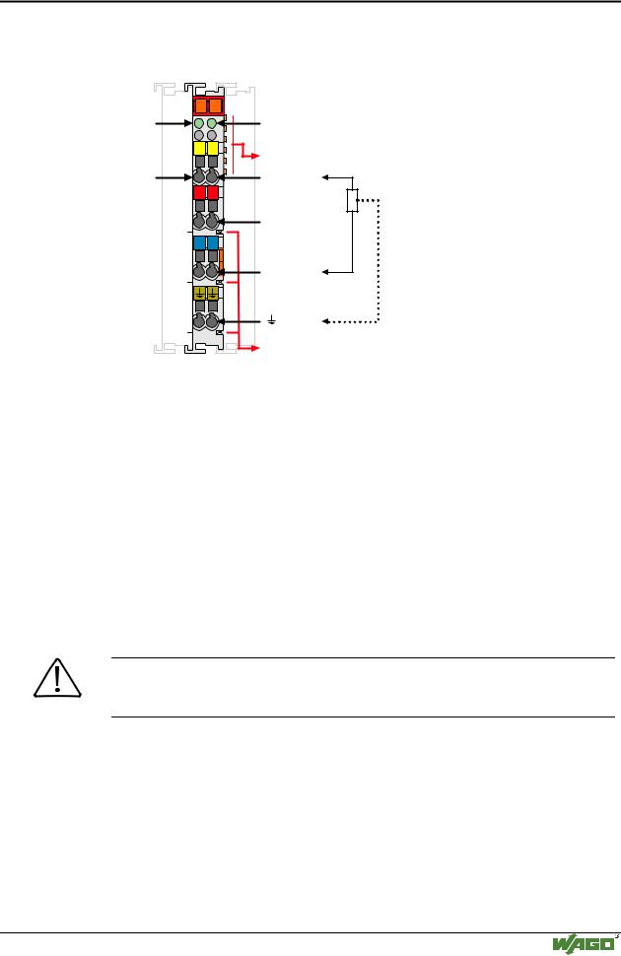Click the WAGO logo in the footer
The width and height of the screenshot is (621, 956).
(x=584, y=944)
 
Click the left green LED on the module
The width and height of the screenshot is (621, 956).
(x=199, y=123)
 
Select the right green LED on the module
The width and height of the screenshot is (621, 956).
(x=211, y=123)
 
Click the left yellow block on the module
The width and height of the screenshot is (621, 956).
(x=199, y=148)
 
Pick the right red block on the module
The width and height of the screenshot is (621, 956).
(x=212, y=192)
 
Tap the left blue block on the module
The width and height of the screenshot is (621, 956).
(x=199, y=242)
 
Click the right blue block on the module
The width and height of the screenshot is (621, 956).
(x=212, y=242)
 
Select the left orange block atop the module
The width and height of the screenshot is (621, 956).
(x=201, y=105)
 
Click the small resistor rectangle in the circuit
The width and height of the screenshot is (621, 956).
(x=352, y=201)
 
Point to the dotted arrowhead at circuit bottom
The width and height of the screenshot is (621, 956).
(x=326, y=321)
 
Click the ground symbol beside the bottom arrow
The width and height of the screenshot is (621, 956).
(x=271, y=320)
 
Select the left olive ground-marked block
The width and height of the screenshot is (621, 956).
(x=199, y=294)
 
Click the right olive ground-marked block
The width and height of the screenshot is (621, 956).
(x=212, y=294)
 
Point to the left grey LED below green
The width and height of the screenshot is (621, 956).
(x=199, y=134)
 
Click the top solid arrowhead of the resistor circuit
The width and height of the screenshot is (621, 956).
(x=326, y=177)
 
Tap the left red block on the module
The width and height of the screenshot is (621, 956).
(x=199, y=192)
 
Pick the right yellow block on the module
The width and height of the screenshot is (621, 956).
(x=212, y=148)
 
